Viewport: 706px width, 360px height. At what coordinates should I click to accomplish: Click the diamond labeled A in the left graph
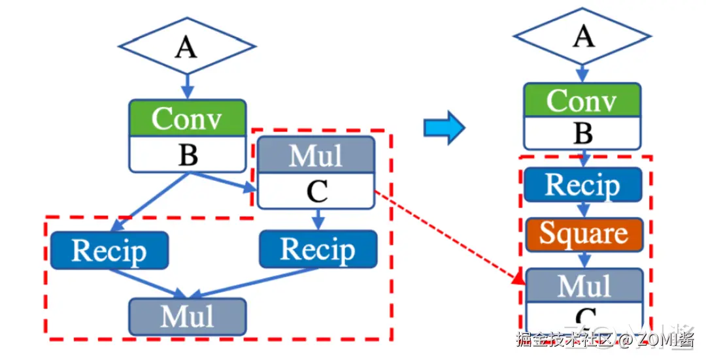pyautogui.click(x=186, y=46)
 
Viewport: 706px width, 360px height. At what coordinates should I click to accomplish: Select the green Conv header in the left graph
pyautogui.click(x=187, y=118)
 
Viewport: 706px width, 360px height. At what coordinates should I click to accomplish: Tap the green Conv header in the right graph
pyautogui.click(x=582, y=101)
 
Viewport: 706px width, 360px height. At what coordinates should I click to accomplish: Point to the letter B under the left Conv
pyautogui.click(x=187, y=155)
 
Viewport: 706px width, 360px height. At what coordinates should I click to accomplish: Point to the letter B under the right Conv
pyautogui.click(x=582, y=134)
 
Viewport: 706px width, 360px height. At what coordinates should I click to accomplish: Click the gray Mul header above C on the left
pyautogui.click(x=316, y=155)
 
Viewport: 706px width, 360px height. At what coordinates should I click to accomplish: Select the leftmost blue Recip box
pyautogui.click(x=109, y=250)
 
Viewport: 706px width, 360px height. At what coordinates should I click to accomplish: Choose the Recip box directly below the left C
pyautogui.click(x=318, y=249)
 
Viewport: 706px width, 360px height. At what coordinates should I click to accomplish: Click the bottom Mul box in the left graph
pyautogui.click(x=188, y=316)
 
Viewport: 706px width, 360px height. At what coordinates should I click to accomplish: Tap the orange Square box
pyautogui.click(x=584, y=234)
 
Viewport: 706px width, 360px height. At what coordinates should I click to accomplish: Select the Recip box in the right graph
pyautogui.click(x=582, y=185)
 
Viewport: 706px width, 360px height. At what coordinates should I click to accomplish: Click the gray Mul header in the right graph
pyautogui.click(x=584, y=285)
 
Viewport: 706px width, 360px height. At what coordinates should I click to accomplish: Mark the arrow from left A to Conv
pyautogui.click(x=187, y=84)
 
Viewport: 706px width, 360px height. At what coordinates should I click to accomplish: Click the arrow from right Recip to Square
pyautogui.click(x=584, y=209)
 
